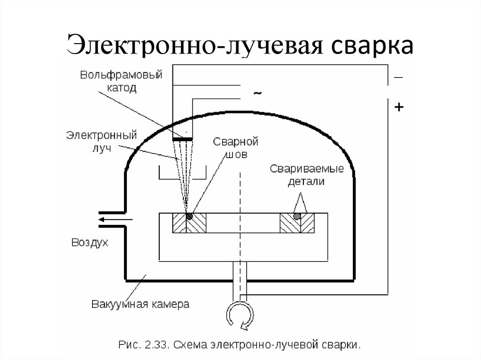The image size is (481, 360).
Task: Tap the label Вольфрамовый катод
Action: pyautogui.click(x=121, y=81)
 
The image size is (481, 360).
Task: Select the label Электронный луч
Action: pyautogui.click(x=101, y=141)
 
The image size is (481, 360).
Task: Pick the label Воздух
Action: pyautogui.click(x=90, y=243)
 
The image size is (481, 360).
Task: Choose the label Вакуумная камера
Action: pyautogui.click(x=140, y=304)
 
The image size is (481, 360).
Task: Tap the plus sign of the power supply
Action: pyautogui.click(x=399, y=107)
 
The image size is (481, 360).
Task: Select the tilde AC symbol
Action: pyautogui.click(x=257, y=93)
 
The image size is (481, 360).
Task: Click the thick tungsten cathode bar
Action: pyautogui.click(x=182, y=139)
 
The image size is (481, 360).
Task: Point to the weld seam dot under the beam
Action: pyautogui.click(x=189, y=216)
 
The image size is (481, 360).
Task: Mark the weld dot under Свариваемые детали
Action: pyautogui.click(x=297, y=216)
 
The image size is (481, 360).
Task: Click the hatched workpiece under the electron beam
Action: pyautogui.click(x=189, y=224)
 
